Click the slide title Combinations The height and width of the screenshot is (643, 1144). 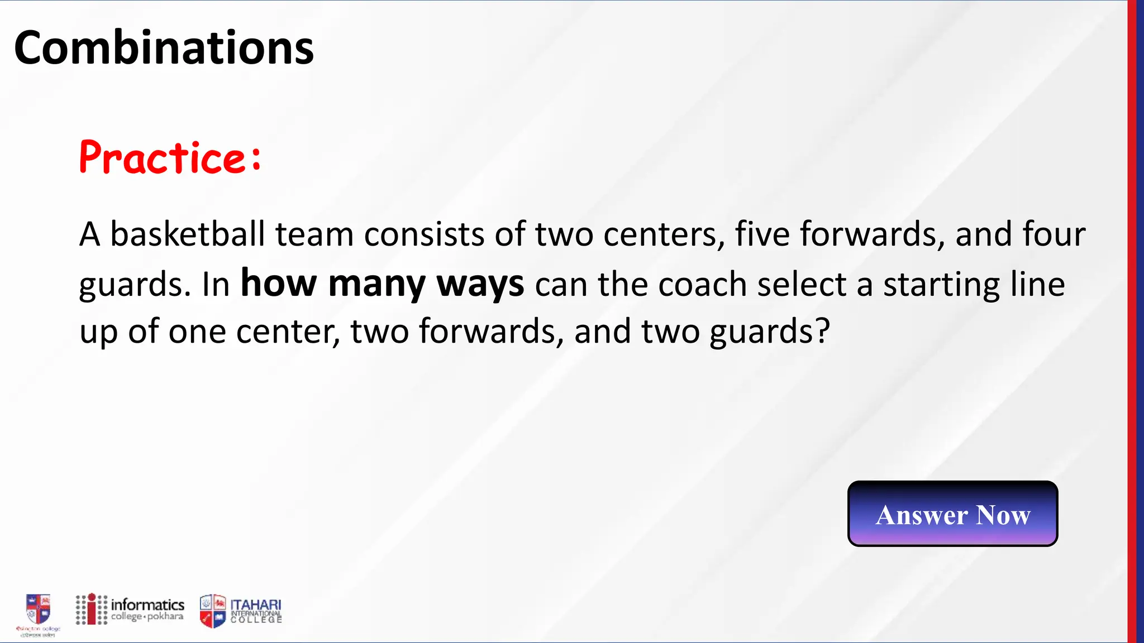(164, 48)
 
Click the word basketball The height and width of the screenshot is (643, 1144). (187, 234)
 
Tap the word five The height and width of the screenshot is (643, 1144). (762, 234)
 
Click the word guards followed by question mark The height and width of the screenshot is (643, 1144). (762, 332)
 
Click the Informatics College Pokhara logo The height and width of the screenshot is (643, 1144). (130, 610)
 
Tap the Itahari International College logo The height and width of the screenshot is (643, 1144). (241, 611)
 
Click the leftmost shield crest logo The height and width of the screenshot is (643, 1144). (39, 609)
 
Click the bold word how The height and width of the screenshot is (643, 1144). (278, 284)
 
